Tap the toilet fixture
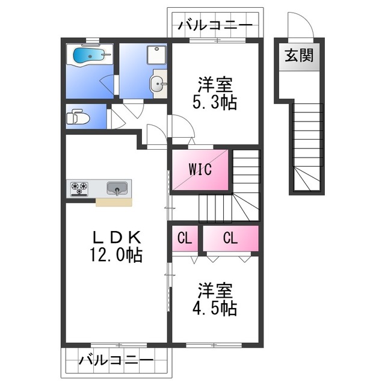pos(77,117)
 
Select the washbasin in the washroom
pos(158,85)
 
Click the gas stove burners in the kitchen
pos(79,189)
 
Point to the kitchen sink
pos(117,189)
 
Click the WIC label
pos(200,170)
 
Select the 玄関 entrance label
pos(298,57)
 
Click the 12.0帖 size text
pos(117,255)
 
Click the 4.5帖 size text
pos(215,309)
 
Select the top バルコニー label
pos(215,26)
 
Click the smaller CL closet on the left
pos(185,238)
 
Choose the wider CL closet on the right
pos(230,238)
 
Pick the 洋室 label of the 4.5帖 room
pos(215,291)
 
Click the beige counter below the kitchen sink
pos(114,202)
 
